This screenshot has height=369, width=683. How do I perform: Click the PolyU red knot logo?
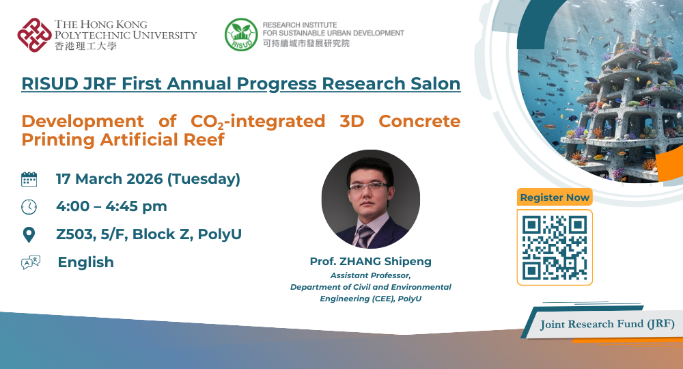coord(34,34)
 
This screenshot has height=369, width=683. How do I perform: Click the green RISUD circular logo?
coord(241,34)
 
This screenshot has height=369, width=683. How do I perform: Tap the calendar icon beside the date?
coord(29,180)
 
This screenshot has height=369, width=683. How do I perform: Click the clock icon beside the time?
coord(29,207)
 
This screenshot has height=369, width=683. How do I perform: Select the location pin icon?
coord(29,235)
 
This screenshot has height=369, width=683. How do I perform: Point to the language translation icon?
coord(31,262)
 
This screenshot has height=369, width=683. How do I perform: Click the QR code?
coord(555,247)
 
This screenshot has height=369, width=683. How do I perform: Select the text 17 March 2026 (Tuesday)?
coord(148,180)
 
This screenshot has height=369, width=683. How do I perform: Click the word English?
coord(85,262)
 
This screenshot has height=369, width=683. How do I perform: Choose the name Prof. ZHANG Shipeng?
coord(370,262)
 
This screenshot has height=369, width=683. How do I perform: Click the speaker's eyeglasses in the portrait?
coord(369,185)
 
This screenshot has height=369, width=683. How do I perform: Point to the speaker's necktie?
coord(365,235)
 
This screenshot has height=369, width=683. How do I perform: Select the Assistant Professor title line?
coord(370,275)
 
